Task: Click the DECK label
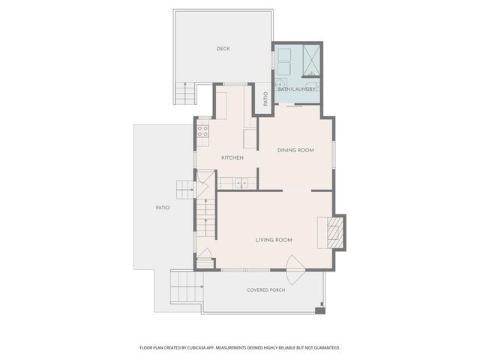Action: pos(223,49)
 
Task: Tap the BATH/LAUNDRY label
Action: pos(296,89)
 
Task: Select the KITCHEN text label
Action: pos(232,157)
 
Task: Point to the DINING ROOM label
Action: pos(295,150)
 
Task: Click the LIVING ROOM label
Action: pos(274,240)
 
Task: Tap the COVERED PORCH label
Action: pos(268,289)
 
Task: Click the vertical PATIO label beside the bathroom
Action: pos(265,99)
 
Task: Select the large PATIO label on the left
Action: pos(163,208)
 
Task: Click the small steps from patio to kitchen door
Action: pos(185,189)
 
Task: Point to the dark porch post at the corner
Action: pos(320,310)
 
